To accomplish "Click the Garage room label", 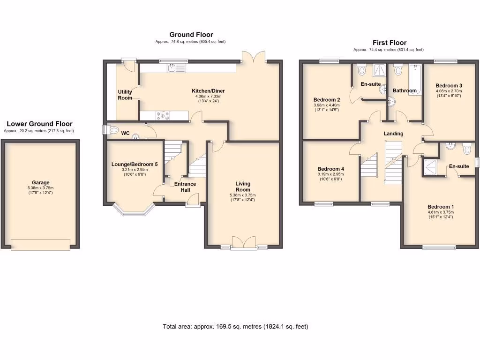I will point(40,183).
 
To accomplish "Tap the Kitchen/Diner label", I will point(209,90).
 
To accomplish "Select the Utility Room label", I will point(125,95).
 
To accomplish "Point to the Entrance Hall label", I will point(185,187).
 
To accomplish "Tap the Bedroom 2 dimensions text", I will point(326,108).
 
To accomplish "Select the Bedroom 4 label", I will point(330,169).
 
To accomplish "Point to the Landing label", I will point(393,134).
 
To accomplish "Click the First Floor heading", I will point(389,43).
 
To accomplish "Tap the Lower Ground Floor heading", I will point(39,124).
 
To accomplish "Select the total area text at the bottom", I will point(235,326).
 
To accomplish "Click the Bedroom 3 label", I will point(449,85).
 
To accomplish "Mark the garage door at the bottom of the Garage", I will point(41,244).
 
